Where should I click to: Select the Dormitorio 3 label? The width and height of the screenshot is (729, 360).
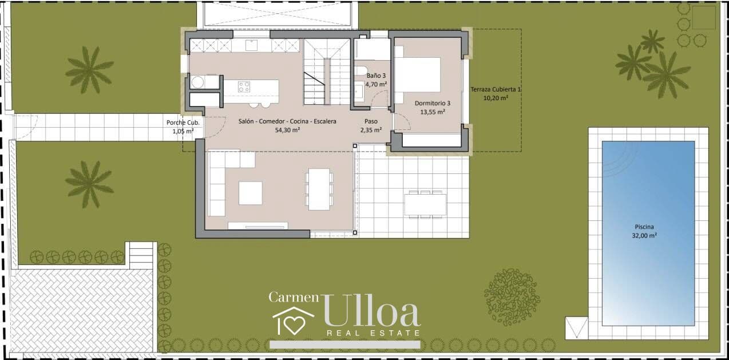coord(432,103)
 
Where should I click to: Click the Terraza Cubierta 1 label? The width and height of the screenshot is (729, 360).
coord(496,89)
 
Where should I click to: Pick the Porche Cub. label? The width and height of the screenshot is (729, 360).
coord(183,122)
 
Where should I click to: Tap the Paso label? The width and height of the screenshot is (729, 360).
coord(371,121)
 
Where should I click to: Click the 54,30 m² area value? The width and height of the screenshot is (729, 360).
coord(287,130)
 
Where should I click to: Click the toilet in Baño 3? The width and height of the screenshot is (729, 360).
coord(360,71)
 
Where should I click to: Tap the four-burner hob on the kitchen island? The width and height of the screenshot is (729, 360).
coord(244,87)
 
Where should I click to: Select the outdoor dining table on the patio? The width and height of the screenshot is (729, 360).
coord(425,204)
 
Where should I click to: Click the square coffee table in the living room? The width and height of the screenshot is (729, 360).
coord(250,193)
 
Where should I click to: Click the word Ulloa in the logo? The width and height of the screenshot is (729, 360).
coord(371,311)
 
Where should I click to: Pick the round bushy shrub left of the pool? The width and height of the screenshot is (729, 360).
coord(512,297)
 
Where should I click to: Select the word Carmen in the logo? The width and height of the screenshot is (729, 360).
coord(294,297)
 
